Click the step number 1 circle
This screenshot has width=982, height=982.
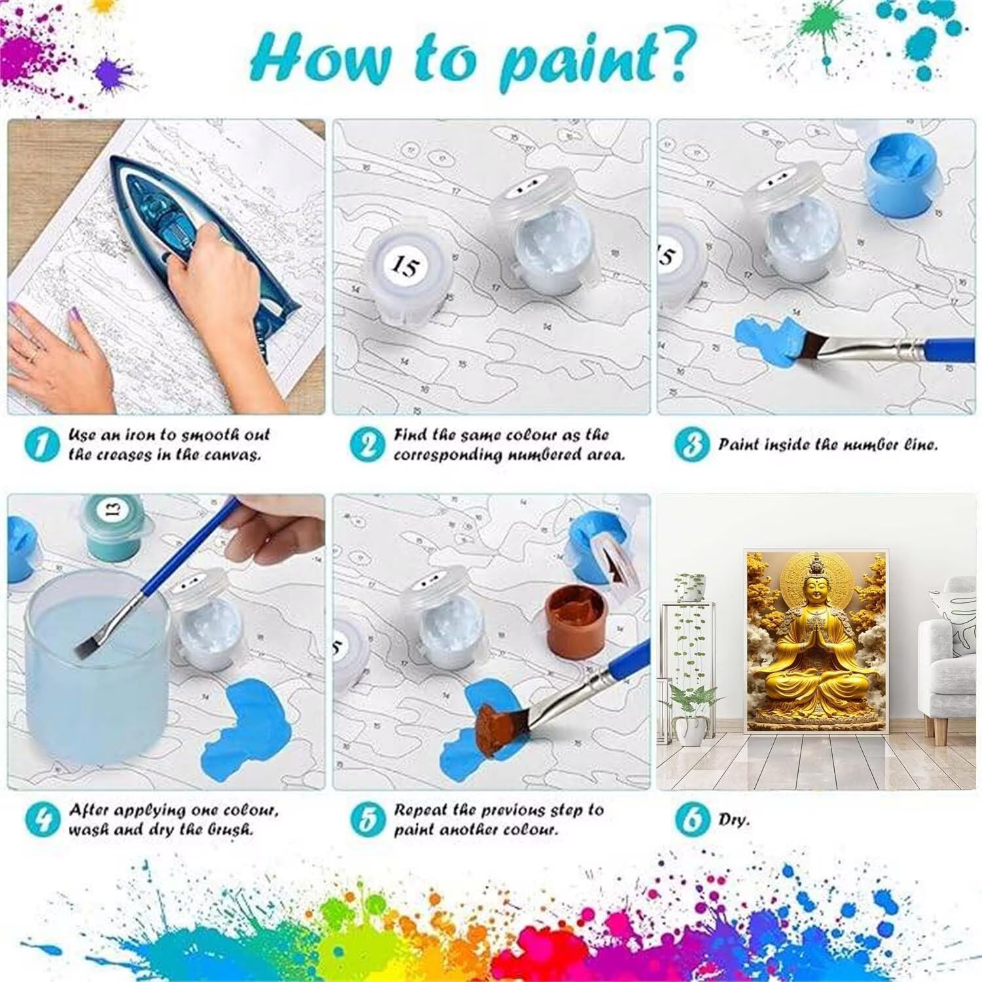point(41,446)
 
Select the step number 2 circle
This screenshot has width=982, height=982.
point(367,446)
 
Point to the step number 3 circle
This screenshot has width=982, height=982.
point(691,446)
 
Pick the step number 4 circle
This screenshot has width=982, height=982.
point(42,819)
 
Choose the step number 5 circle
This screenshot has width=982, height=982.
point(367,819)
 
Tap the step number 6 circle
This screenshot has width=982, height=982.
point(691,819)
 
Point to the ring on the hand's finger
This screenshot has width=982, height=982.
point(33,354)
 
